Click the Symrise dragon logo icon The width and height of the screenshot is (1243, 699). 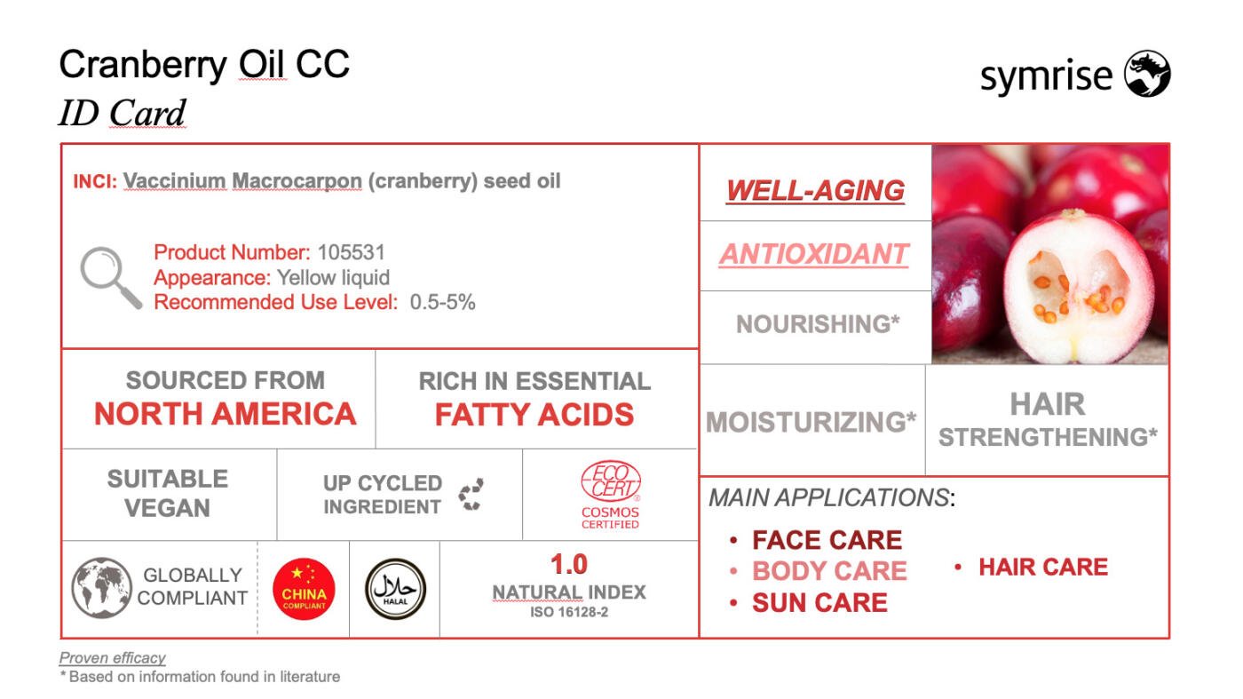(1147, 74)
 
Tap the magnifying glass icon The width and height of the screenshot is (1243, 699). (111, 277)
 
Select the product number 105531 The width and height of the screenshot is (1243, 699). (352, 252)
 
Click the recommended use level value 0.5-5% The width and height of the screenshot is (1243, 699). (442, 303)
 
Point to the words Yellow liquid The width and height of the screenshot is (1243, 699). (334, 278)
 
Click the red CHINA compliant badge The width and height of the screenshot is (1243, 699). (304, 589)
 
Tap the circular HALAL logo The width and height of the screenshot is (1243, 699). (395, 589)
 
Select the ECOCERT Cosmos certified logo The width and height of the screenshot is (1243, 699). (611, 494)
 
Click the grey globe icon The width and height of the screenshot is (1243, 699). (101, 588)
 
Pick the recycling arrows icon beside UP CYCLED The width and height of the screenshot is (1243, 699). (471, 494)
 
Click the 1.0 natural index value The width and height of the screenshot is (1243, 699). (569, 565)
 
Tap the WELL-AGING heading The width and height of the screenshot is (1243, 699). (815, 190)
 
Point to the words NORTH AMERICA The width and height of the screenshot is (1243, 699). (225, 414)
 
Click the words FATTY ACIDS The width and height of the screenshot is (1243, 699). (534, 415)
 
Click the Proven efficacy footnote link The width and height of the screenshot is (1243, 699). (112, 658)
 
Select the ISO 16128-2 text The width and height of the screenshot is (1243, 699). (569, 612)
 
